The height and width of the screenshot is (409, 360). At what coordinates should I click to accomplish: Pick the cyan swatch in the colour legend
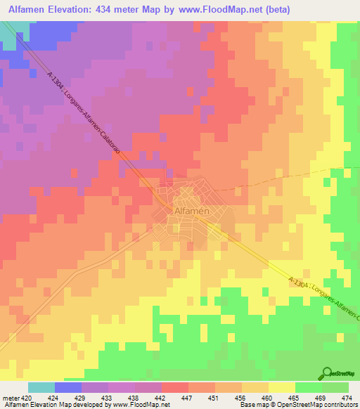click(41, 387)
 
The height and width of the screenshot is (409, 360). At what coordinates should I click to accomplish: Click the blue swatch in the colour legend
click(68, 387)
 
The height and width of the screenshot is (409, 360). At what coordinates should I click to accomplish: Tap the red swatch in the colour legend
click(174, 387)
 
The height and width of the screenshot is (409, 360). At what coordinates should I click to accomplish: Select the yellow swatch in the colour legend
click(281, 387)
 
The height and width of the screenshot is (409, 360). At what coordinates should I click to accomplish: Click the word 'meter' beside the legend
click(12, 397)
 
